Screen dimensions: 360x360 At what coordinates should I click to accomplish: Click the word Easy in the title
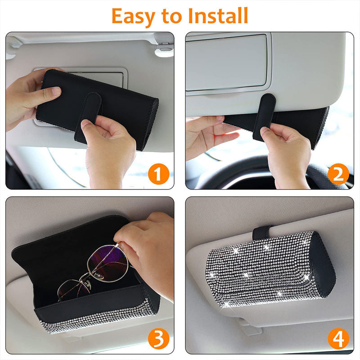(x=133, y=17)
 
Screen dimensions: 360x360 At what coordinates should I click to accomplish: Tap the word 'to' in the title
(x=171, y=16)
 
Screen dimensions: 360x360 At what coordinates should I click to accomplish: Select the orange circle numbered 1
(x=158, y=174)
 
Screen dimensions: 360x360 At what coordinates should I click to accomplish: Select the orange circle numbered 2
(x=338, y=174)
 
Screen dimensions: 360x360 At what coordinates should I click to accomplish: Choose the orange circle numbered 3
(x=158, y=339)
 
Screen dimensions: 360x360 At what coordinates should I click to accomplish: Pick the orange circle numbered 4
(x=338, y=339)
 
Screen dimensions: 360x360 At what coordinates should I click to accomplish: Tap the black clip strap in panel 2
(x=264, y=117)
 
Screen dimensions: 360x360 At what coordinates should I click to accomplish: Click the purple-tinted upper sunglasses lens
(x=108, y=263)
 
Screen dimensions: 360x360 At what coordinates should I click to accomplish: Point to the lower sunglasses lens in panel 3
(x=74, y=290)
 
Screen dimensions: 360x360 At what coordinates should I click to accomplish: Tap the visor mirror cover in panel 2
(x=226, y=63)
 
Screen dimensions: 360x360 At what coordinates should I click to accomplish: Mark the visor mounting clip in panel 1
(x=164, y=49)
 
